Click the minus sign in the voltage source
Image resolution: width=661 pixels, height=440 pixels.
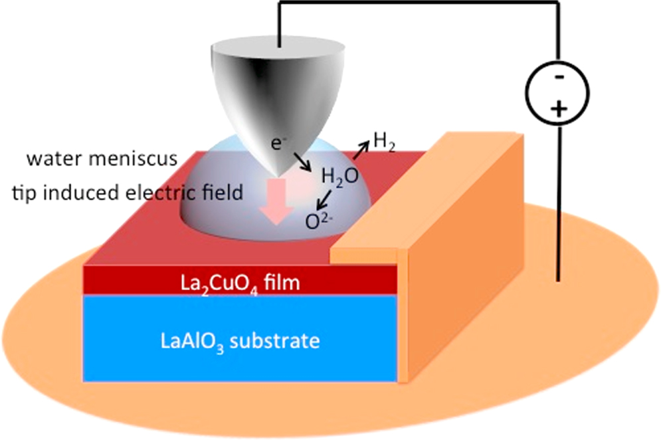point(559,77)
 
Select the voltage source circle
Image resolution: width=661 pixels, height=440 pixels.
point(559,94)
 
